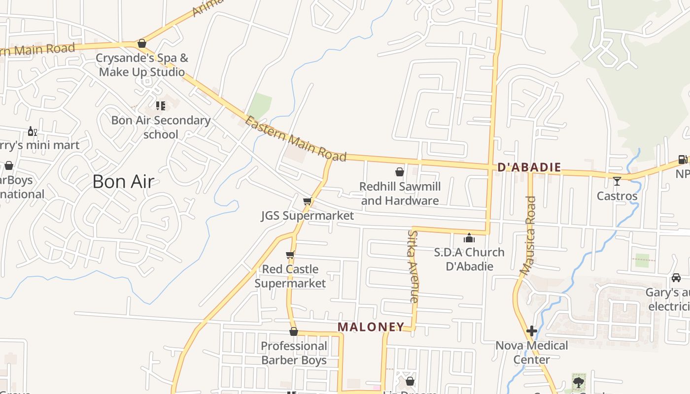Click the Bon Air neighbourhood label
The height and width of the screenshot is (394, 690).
click(x=123, y=182)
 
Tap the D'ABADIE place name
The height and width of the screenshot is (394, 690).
click(x=529, y=167)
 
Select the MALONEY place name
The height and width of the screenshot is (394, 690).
click(x=371, y=327)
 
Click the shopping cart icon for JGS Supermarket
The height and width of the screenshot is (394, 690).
click(x=308, y=201)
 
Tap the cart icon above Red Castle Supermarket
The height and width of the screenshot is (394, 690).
click(x=290, y=255)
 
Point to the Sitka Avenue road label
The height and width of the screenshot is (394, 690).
click(x=413, y=266)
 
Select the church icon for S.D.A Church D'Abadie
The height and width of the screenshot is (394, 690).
click(x=469, y=238)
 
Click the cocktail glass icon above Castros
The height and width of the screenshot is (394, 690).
click(x=617, y=182)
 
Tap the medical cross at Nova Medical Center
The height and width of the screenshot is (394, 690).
click(x=532, y=331)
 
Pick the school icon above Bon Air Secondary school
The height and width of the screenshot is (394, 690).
click(x=160, y=105)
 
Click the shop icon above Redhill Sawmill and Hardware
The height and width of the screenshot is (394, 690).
click(x=400, y=172)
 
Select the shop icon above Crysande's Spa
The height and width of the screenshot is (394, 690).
click(x=142, y=43)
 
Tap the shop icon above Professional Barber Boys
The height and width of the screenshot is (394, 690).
click(x=294, y=331)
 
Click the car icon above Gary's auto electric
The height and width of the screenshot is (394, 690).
click(x=676, y=278)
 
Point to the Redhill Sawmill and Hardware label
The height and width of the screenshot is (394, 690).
click(x=400, y=194)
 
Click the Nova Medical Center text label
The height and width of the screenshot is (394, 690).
click(x=531, y=352)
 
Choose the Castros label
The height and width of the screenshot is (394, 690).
click(x=617, y=196)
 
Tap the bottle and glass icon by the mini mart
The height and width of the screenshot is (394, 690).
click(x=32, y=131)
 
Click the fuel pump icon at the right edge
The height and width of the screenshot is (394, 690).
click(x=683, y=159)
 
